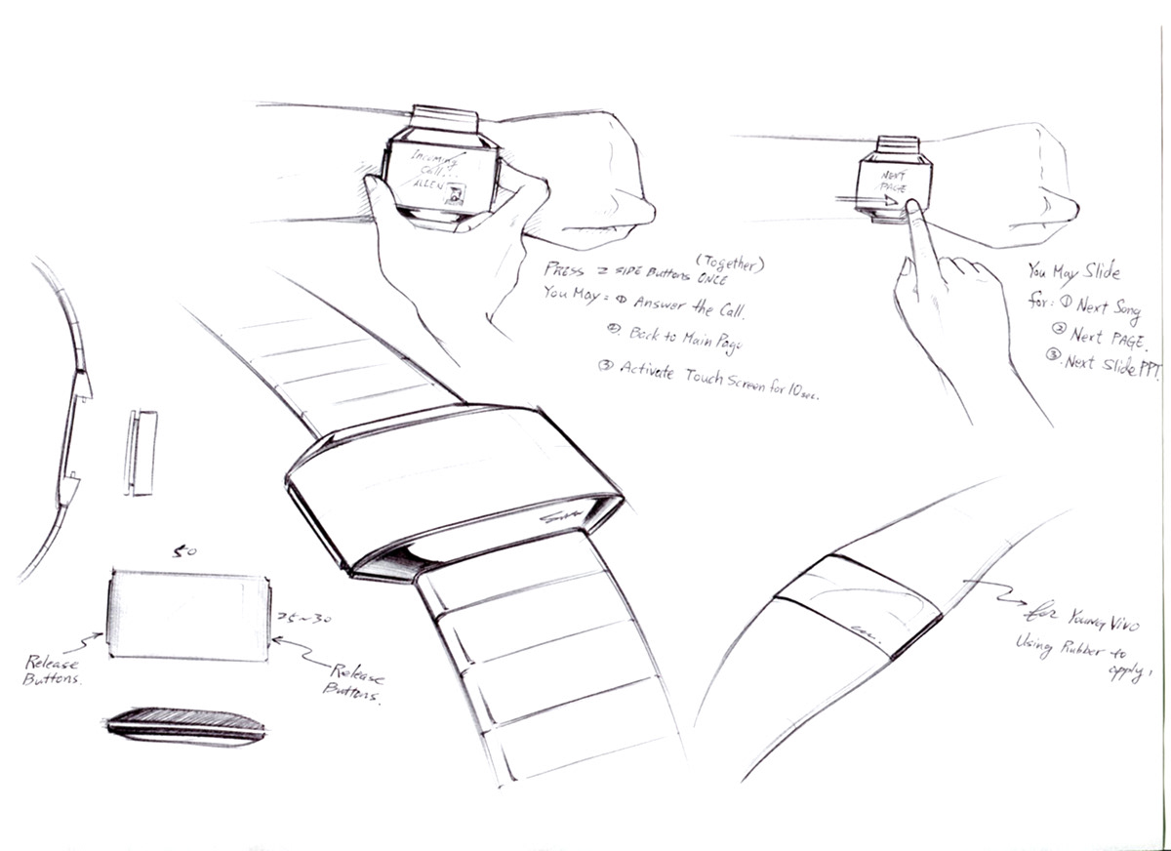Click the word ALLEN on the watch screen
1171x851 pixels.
coord(427,183)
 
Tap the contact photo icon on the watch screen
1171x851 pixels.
coord(455,194)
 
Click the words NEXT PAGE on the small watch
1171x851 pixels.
coord(892,181)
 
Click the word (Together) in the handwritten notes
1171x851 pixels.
coord(730,262)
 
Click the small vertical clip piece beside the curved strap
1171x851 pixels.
coord(141,452)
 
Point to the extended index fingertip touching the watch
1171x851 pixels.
coord(909,206)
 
